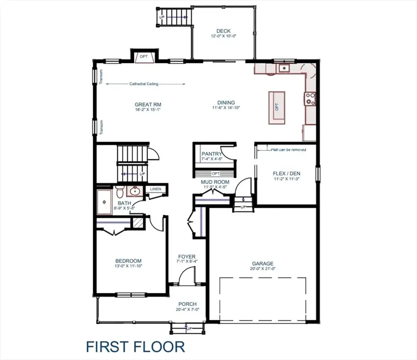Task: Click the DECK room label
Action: [223, 31]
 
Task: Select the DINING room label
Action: [226, 103]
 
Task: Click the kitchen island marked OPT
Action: [277, 107]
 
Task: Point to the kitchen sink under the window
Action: [283, 68]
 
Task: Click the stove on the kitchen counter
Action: [310, 99]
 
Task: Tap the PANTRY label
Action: [212, 154]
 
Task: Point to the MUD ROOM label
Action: [215, 182]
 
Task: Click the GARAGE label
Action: [262, 263]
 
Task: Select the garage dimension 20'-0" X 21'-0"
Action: [262, 269]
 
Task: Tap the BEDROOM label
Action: [129, 261]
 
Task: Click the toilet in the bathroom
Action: [120, 192]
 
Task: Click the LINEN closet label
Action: [155, 189]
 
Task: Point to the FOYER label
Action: [187, 256]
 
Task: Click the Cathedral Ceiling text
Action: [144, 84]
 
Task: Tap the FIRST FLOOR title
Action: [135, 347]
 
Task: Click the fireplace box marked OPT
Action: [144, 57]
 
